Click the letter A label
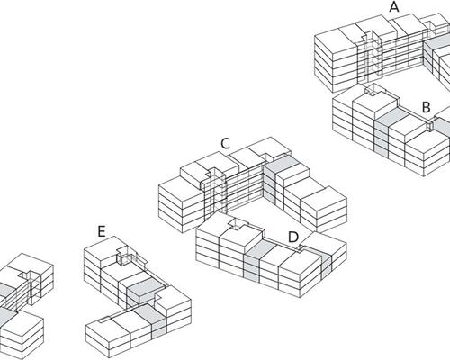click(x=394, y=7)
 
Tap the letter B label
click(x=427, y=107)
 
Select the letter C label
click(x=225, y=144)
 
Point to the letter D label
click(x=293, y=238)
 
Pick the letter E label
click(x=102, y=231)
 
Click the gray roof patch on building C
click(x=282, y=164)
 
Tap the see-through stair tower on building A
click(x=371, y=56)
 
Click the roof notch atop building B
click(x=373, y=90)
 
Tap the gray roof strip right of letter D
click(x=318, y=252)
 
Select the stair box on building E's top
click(x=126, y=256)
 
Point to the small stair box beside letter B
click(x=430, y=125)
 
